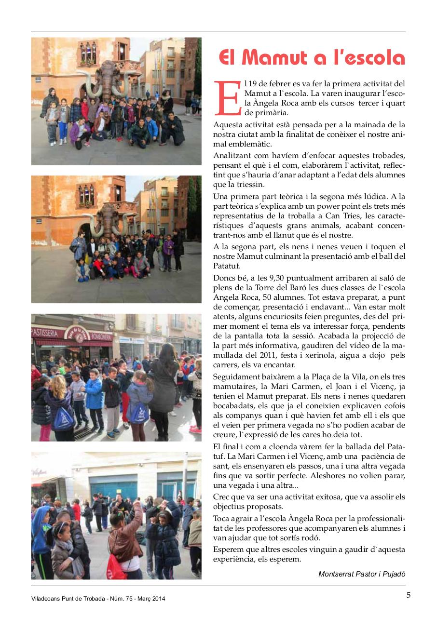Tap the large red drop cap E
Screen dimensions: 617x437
point(228,98)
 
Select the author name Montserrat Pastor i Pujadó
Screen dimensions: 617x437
point(362,574)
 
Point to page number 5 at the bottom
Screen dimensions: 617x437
point(409,595)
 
